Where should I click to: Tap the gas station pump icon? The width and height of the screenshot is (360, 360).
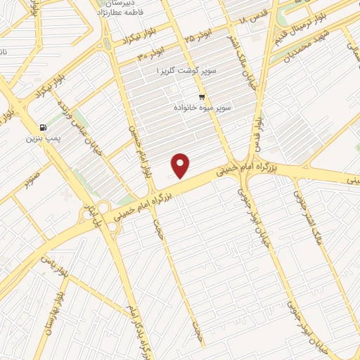(44, 127)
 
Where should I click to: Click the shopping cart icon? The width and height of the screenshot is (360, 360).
(202, 97)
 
